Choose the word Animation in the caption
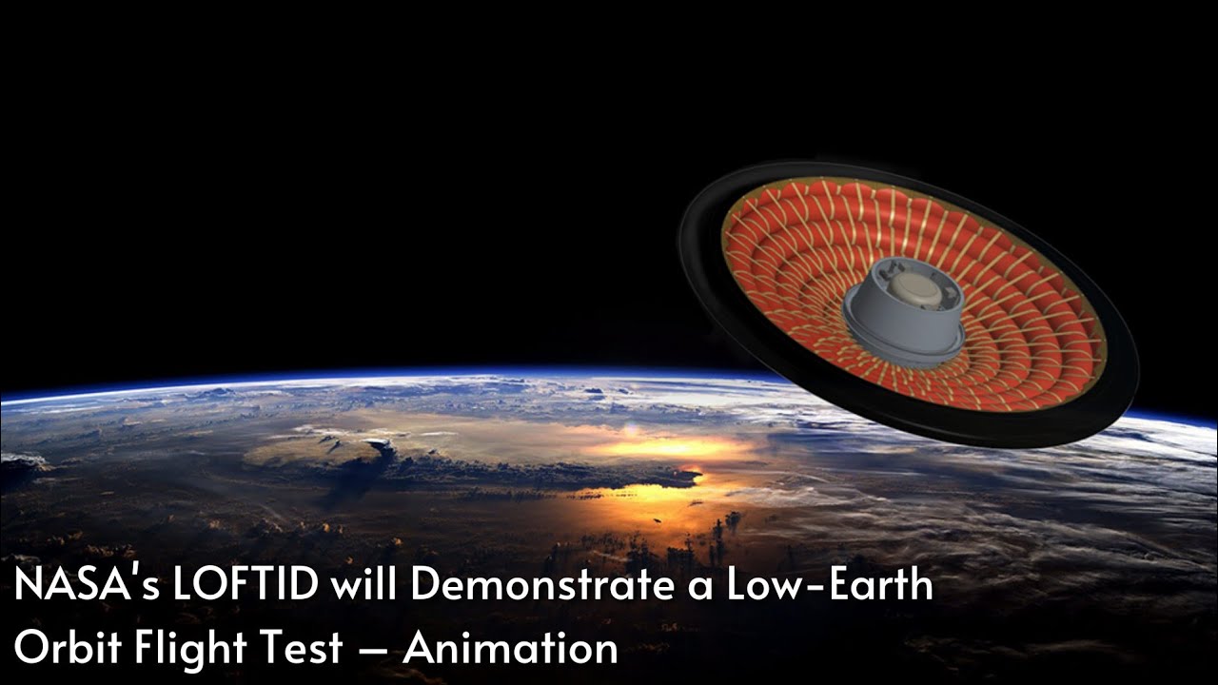point(511,648)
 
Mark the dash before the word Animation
point(373,651)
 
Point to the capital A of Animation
point(420,648)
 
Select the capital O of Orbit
point(31,648)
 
